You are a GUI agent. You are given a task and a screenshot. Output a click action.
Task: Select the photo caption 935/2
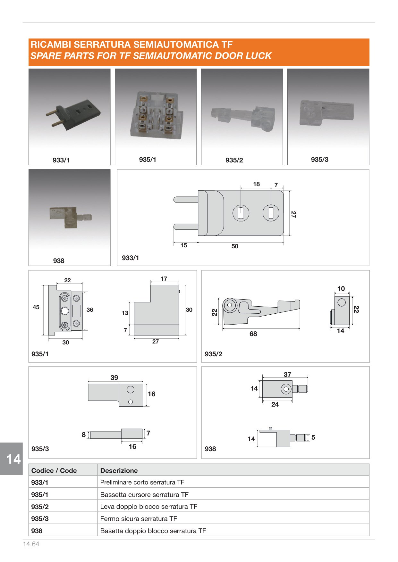pyautogui.click(x=234, y=160)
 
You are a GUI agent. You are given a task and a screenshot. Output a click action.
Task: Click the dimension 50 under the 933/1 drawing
pyautogui.click(x=235, y=246)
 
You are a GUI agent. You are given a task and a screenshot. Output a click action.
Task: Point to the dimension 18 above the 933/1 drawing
pyautogui.click(x=256, y=184)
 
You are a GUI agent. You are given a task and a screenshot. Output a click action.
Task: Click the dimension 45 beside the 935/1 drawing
pyautogui.click(x=36, y=307)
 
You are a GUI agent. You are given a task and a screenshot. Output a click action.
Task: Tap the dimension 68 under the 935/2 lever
pyautogui.click(x=253, y=334)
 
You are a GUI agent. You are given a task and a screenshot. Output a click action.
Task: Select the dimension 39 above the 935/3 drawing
pyautogui.click(x=114, y=378)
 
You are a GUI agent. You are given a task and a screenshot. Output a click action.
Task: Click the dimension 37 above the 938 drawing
pyautogui.click(x=287, y=374)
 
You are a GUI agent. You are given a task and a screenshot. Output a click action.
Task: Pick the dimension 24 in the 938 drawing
pyautogui.click(x=275, y=404)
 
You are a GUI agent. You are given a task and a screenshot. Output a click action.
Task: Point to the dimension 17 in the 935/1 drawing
pyautogui.click(x=164, y=279)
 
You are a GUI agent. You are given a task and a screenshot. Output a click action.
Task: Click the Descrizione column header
pyautogui.click(x=119, y=471)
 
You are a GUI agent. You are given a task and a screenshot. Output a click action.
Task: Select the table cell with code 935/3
pyautogui.click(x=63, y=518)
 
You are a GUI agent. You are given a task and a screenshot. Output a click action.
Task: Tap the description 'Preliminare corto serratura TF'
pyautogui.click(x=142, y=482)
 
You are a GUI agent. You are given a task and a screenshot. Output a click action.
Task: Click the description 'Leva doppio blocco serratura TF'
pyautogui.click(x=149, y=507)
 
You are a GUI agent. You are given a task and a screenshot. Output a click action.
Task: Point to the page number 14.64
pyautogui.click(x=31, y=544)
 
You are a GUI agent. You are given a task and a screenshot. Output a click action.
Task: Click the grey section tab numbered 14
pyautogui.click(x=12, y=459)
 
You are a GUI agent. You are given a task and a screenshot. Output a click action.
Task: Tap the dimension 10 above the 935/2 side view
pyautogui.click(x=341, y=289)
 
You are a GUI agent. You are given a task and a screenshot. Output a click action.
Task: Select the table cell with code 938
pyautogui.click(x=63, y=531)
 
